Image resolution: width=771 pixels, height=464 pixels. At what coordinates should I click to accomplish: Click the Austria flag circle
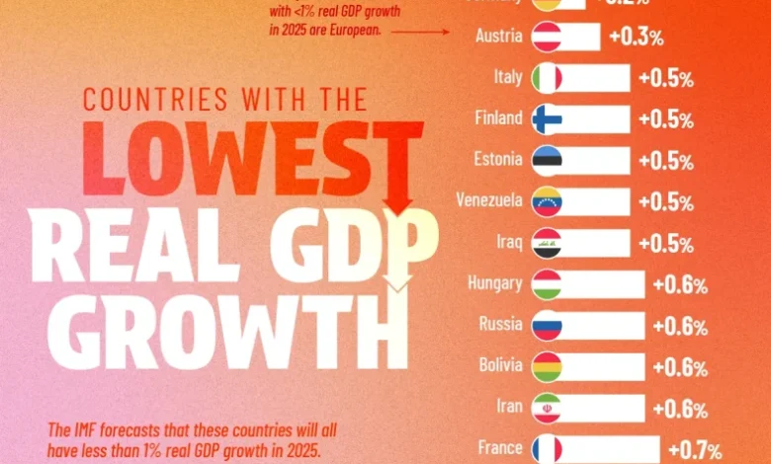pyautogui.click(x=547, y=38)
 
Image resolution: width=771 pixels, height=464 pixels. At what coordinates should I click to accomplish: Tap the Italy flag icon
pyautogui.click(x=547, y=78)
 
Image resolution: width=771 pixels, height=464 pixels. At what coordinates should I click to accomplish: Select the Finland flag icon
pyautogui.click(x=547, y=119)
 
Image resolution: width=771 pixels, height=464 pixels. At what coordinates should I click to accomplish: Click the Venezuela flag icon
pyautogui.click(x=547, y=201)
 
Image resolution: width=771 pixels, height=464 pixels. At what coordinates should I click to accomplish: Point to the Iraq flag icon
pyautogui.click(x=547, y=243)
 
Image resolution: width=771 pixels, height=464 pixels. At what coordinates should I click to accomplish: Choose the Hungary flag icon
pyautogui.click(x=547, y=284)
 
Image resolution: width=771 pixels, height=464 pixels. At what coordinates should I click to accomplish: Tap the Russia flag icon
pyautogui.click(x=547, y=325)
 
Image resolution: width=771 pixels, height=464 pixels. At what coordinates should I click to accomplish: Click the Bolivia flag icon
pyautogui.click(x=547, y=366)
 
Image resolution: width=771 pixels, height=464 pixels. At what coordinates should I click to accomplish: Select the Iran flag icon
pyautogui.click(x=547, y=407)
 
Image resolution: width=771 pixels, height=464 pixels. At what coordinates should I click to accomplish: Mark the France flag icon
pyautogui.click(x=547, y=448)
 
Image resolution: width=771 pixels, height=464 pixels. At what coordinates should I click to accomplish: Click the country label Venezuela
pyautogui.click(x=488, y=201)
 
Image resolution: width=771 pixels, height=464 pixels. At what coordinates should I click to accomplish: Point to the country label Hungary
pyautogui.click(x=494, y=284)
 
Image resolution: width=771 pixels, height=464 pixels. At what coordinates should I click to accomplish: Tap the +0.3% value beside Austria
pyautogui.click(x=636, y=39)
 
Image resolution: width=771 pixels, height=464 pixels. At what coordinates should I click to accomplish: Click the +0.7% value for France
pyautogui.click(x=693, y=450)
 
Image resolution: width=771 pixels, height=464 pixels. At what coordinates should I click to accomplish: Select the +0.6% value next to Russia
pyautogui.click(x=679, y=327)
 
